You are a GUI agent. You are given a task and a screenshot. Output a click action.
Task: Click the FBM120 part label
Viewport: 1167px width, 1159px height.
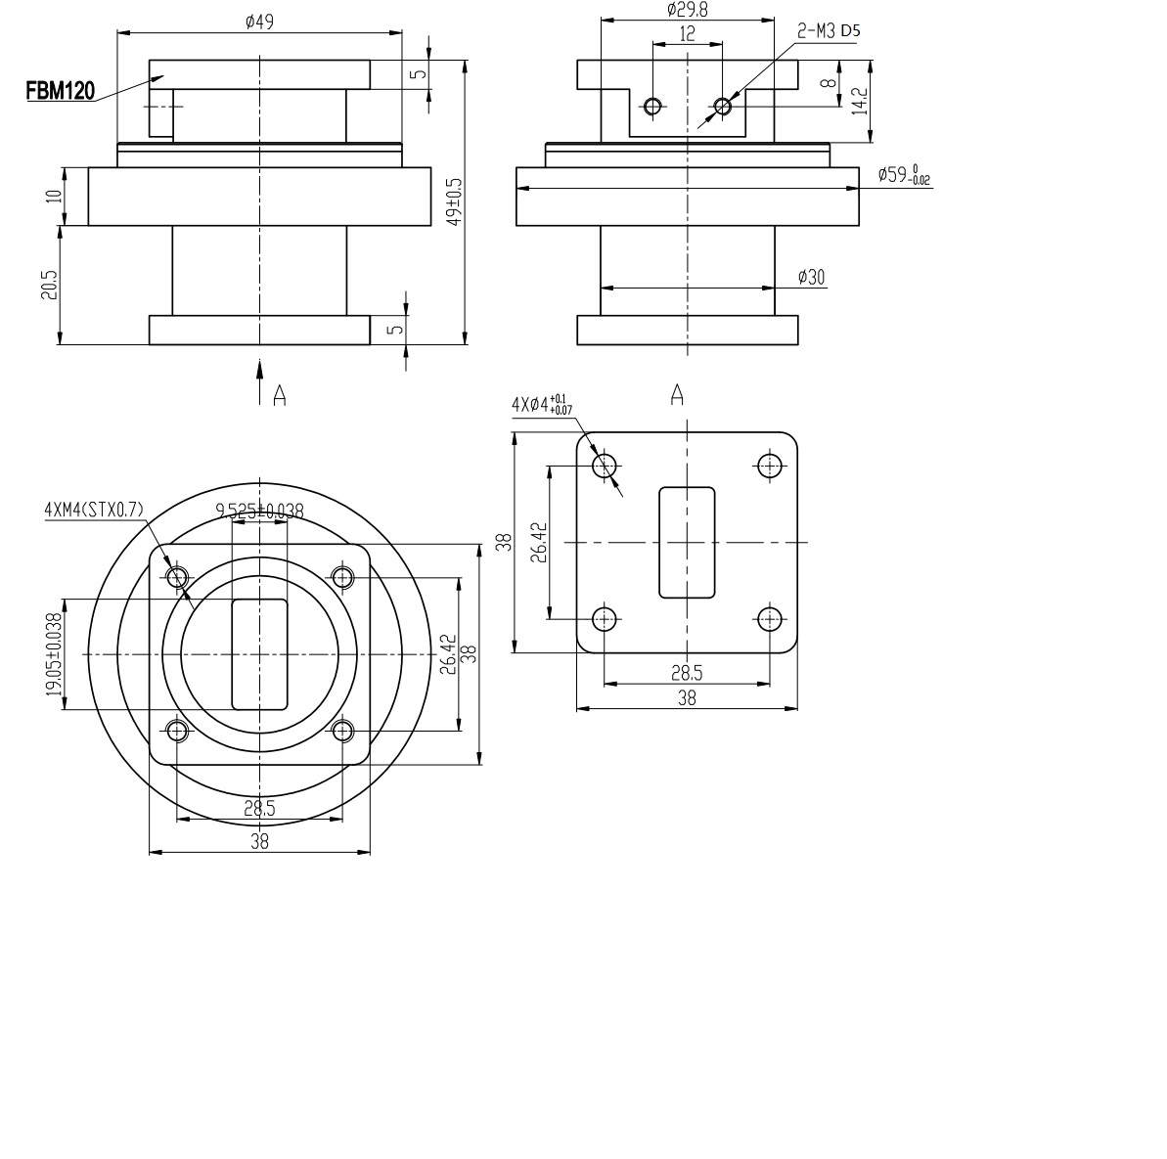(60, 92)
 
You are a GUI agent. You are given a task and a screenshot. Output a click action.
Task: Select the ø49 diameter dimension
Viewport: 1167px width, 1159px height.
(259, 21)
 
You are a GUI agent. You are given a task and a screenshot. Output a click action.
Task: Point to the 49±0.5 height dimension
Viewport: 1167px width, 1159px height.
(453, 203)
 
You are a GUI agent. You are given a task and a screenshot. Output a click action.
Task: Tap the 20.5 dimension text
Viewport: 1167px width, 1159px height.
(51, 285)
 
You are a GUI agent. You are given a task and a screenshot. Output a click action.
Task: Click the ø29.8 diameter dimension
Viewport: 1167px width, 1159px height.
(687, 9)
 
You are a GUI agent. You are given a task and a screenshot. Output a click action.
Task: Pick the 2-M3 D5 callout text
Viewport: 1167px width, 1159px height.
(829, 30)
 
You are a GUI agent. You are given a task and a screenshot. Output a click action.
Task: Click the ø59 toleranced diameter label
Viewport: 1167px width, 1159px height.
(904, 175)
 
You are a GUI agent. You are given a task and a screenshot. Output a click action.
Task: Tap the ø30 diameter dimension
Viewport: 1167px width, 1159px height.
(811, 278)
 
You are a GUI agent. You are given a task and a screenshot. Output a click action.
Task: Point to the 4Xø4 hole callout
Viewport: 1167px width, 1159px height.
(541, 404)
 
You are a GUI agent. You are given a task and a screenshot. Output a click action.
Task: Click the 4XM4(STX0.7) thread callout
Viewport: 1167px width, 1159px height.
(93, 510)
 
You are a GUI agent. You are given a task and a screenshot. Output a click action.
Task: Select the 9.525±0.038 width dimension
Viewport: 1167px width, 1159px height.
(259, 510)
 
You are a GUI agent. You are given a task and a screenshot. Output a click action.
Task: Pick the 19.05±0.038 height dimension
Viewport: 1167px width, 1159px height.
(53, 653)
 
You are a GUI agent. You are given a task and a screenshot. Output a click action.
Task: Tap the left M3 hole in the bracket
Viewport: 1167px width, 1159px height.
(652, 106)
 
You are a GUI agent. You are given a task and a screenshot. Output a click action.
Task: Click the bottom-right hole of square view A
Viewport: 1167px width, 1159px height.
(770, 618)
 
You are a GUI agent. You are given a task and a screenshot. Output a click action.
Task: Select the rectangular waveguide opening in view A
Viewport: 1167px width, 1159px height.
(687, 542)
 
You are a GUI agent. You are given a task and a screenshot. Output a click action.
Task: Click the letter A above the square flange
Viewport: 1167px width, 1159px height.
(676, 394)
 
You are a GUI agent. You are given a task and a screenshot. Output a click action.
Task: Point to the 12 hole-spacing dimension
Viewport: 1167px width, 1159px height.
(687, 33)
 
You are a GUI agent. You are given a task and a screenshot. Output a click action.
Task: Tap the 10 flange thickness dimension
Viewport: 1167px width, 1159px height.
(54, 196)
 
